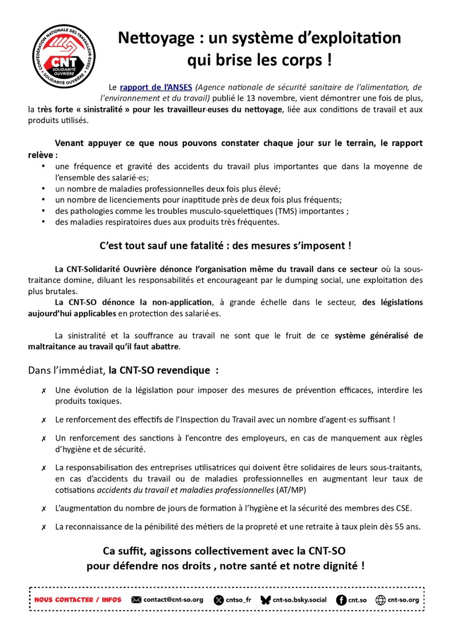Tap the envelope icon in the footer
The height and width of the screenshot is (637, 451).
136,600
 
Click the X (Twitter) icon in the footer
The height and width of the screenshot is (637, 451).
219,600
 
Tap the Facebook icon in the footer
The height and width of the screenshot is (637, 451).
342,600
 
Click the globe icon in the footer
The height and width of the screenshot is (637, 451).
380,600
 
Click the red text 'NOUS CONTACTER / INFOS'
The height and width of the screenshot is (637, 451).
78,600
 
